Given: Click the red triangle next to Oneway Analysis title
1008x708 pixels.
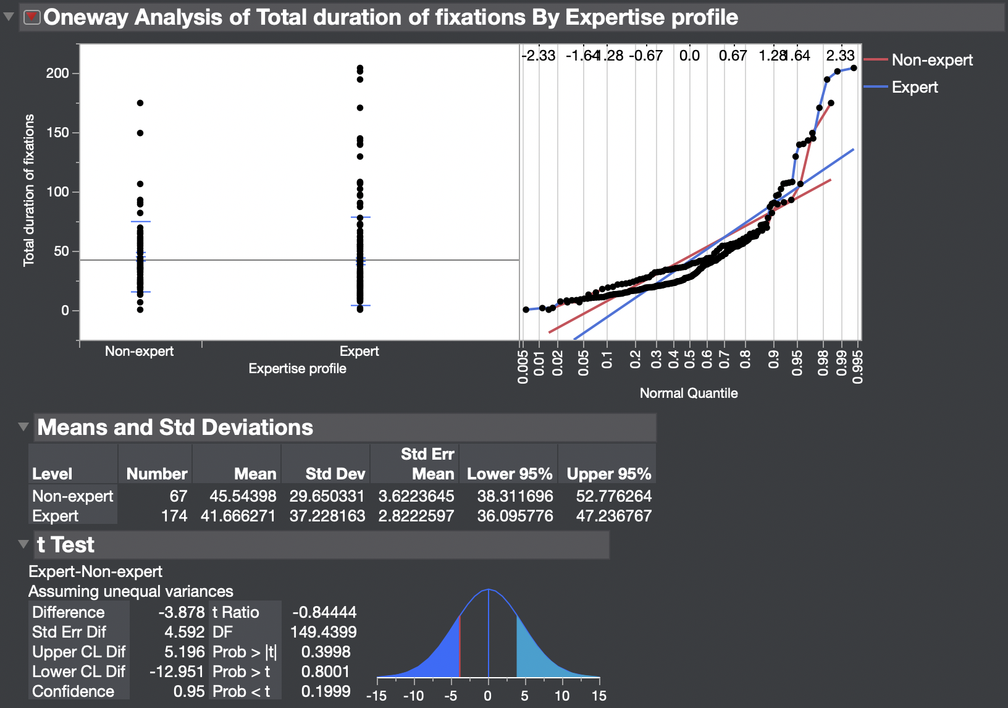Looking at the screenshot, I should coord(31,17).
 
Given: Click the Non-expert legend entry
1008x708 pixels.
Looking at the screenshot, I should coord(931,60).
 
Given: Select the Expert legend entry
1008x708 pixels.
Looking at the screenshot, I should coord(914,87).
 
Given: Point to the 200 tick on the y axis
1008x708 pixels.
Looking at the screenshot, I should coord(57,74).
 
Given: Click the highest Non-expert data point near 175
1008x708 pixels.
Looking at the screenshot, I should coord(140,103).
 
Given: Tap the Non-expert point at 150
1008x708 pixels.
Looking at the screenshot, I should coord(140,133).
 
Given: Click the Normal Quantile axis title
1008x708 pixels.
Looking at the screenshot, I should coord(688,393).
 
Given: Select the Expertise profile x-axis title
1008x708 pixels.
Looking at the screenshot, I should coord(297,368).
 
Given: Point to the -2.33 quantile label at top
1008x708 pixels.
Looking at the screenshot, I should coord(538,56).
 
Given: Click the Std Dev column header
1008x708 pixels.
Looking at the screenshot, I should coord(335,474).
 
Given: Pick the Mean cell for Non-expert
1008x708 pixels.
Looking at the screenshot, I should coord(242,496).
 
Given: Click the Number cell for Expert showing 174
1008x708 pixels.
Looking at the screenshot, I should coord(174,516).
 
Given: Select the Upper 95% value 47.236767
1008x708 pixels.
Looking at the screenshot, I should coord(613,516).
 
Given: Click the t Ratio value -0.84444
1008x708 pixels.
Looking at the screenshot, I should coord(324,612).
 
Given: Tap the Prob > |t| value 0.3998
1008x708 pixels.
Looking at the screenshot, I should coord(325,652).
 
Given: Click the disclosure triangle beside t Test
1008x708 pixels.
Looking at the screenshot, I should coord(23,544).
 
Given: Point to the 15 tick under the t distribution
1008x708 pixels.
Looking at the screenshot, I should coord(598,696).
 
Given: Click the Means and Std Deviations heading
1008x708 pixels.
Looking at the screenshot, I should coord(175,428).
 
